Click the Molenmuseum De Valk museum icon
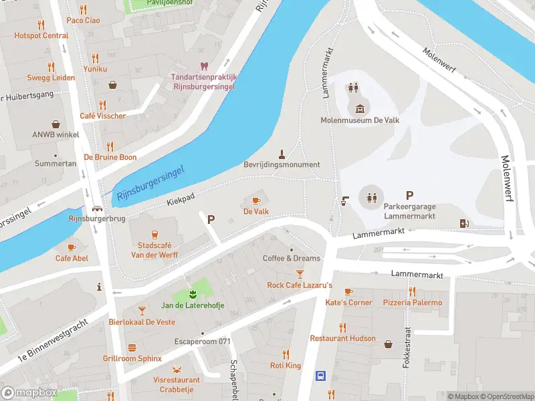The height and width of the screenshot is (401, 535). click(360, 109)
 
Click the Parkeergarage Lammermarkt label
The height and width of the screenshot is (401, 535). click(409, 212)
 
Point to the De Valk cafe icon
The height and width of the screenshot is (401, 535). click(255, 200)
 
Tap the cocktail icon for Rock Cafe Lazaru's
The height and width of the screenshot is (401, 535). click(300, 274)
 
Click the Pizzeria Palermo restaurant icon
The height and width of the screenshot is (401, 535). click(412, 291)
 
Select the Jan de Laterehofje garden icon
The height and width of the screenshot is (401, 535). click(192, 294)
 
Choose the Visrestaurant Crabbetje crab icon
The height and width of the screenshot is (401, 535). click(177, 369)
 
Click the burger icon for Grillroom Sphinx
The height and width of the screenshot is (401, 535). click(132, 348)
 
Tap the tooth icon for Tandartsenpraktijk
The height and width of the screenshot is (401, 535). click(203, 65)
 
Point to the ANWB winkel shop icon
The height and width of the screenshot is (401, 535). click(56, 124)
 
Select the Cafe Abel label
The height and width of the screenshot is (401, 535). click(72, 259)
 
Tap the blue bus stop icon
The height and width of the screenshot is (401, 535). click(320, 376)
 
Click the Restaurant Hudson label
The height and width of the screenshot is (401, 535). click(342, 339)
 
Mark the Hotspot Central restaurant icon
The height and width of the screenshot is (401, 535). click(41, 25)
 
